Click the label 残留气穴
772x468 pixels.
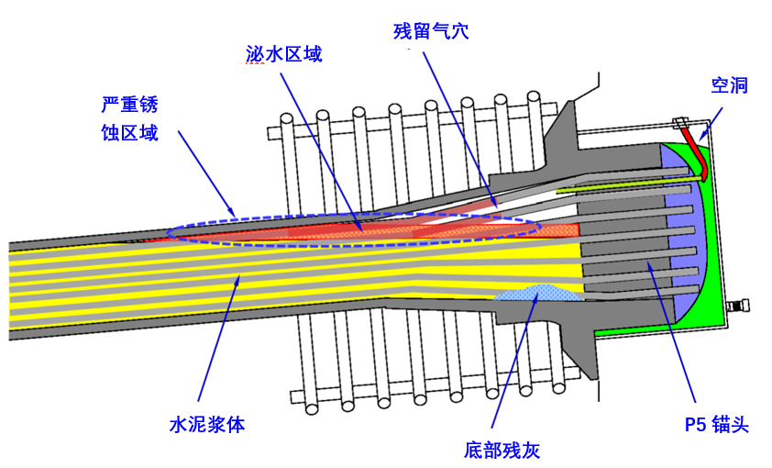[431, 31]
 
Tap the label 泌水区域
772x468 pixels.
[284, 54]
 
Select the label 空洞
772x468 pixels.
[729, 85]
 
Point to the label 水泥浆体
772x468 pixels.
[207, 425]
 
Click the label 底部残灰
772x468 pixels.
[502, 451]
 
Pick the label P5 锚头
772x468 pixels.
[716, 425]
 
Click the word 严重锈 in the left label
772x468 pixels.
[130, 105]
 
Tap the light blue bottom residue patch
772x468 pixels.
[538, 293]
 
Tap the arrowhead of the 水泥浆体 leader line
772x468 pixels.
[237, 280]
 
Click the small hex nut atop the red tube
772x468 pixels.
[680, 122]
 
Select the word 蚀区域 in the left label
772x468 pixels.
[130, 133]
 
